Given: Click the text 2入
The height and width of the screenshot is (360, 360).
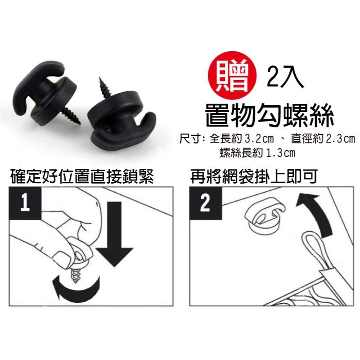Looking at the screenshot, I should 285,77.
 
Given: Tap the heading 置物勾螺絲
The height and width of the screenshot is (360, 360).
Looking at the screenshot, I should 269,115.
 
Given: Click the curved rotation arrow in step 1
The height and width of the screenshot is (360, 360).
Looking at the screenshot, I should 76,288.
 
